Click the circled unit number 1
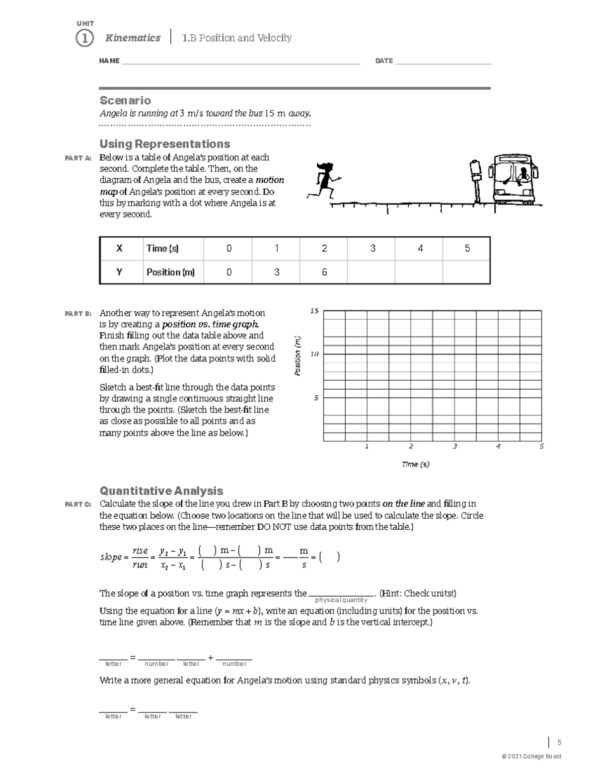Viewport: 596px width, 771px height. pos(84,38)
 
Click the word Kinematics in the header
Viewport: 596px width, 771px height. pos(133,38)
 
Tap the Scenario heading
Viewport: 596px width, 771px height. pos(125,100)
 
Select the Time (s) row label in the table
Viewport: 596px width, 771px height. pos(162,248)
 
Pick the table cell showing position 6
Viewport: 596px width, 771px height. pos(324,272)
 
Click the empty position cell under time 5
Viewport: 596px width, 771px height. pos(466,272)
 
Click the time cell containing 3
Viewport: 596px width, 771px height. pos(372,248)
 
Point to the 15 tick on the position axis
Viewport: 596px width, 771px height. pos(314,311)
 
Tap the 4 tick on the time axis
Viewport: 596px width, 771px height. pos(498,446)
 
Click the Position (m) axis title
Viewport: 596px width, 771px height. pos(298,355)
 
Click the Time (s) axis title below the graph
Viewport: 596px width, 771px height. pos(415,464)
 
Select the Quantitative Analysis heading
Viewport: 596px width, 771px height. pos(161,491)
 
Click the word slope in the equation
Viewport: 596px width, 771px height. pos(111,557)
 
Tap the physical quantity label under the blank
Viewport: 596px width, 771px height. pos(341,600)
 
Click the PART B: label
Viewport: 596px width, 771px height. pos(78,314)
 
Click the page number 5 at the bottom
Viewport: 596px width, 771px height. pos(559,743)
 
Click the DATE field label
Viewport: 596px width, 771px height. pos(384,61)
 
